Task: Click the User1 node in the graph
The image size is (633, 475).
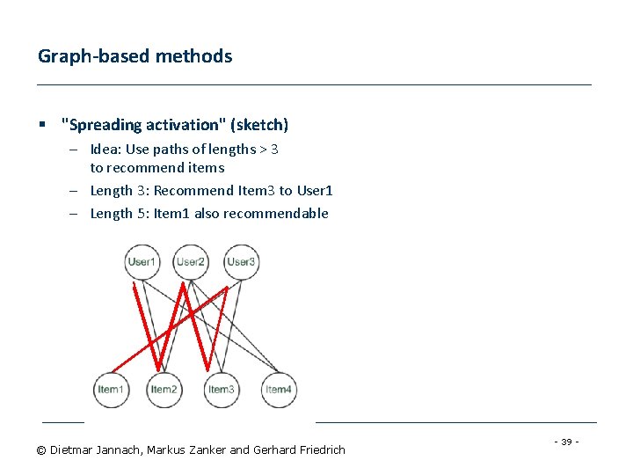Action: click(x=142, y=261)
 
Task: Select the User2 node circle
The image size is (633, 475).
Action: click(x=190, y=261)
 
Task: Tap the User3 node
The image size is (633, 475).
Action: click(x=240, y=261)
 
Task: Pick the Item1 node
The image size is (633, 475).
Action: click(x=111, y=390)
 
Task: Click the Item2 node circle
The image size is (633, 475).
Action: click(x=164, y=390)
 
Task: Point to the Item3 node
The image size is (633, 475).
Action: click(x=222, y=390)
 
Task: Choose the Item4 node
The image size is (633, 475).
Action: click(x=279, y=390)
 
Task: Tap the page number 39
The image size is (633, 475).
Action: click(x=567, y=442)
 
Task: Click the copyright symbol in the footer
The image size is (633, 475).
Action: click(x=41, y=450)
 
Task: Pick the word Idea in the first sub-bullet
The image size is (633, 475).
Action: click(x=105, y=150)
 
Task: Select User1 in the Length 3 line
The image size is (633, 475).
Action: click(x=315, y=191)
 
